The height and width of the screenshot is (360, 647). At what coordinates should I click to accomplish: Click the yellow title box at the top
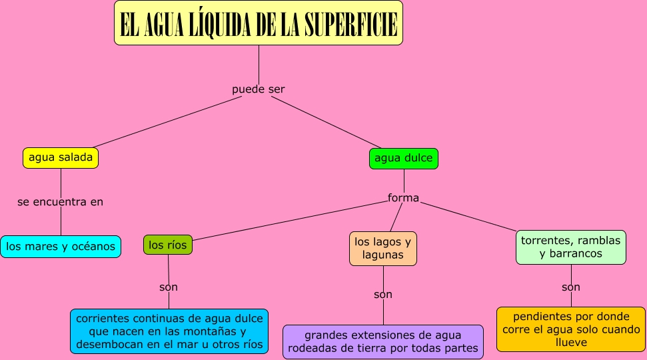259,23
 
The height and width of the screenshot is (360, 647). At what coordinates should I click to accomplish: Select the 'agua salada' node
61,158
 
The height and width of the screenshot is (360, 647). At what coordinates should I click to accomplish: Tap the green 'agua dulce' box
404,158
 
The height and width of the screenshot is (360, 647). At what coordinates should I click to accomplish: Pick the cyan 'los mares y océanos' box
61,247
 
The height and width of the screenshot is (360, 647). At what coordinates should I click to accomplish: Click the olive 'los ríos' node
167,245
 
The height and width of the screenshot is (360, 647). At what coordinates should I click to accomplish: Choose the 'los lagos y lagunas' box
383,248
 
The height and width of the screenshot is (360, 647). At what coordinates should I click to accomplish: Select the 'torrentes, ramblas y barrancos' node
570,247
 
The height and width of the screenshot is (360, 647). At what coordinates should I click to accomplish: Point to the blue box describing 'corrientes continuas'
169,331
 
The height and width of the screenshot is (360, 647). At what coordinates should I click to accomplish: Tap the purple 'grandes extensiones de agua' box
383,342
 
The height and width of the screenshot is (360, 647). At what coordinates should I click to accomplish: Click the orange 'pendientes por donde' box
570,329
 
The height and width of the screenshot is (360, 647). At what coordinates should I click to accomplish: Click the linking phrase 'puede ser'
259,89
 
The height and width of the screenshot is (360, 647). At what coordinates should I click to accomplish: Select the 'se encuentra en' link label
61,201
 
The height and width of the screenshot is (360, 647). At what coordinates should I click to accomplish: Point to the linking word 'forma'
404,197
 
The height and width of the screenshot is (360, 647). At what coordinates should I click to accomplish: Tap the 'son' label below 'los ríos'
169,287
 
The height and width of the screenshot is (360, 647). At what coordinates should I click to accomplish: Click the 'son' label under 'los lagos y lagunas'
383,294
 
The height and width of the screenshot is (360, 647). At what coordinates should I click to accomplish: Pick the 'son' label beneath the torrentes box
571,287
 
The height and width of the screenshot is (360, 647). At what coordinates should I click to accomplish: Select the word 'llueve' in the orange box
570,342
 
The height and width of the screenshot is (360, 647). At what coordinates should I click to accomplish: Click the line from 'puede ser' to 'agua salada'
167,122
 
